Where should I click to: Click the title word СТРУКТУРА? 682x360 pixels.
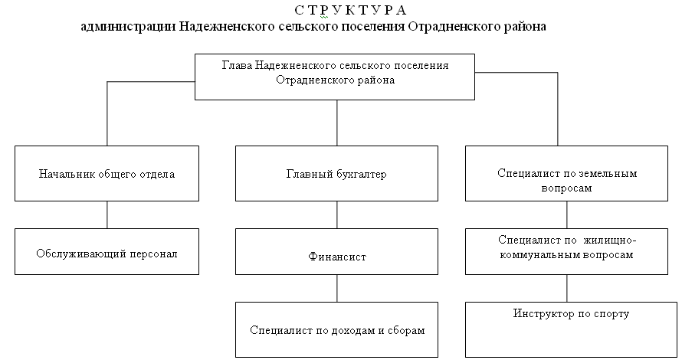(x=350, y=9)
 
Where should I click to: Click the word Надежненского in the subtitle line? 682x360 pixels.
(x=227, y=27)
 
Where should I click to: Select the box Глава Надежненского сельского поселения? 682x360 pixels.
(x=335, y=77)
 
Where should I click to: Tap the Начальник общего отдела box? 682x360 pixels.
(x=107, y=173)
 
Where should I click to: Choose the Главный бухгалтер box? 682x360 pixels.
(x=336, y=173)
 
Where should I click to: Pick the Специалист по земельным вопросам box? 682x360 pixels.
(x=566, y=173)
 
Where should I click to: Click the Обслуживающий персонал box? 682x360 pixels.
(x=107, y=252)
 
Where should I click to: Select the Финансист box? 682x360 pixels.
(x=336, y=252)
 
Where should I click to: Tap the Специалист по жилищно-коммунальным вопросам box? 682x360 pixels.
(x=566, y=252)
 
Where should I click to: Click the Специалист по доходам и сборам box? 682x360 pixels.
(x=336, y=330)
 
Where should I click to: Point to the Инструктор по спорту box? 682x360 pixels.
(x=571, y=330)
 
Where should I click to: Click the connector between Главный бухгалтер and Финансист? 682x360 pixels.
(x=337, y=214)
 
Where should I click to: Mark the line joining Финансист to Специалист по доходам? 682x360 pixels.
(x=337, y=288)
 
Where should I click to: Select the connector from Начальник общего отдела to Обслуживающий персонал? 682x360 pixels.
(x=107, y=214)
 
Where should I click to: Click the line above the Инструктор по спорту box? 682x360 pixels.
(x=567, y=288)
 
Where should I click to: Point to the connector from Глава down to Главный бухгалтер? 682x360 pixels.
(x=337, y=123)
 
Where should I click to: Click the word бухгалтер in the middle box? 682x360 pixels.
(x=361, y=175)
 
